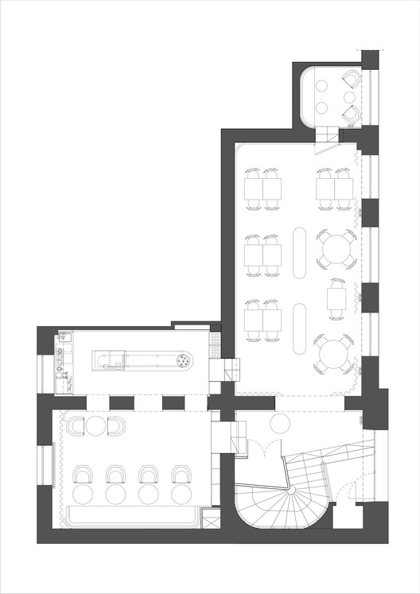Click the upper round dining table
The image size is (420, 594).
click(334, 248)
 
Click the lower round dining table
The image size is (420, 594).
click(332, 353)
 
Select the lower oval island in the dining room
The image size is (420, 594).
click(301, 328)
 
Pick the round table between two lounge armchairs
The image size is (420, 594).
click(96, 427)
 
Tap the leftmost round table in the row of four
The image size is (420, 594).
click(84, 494)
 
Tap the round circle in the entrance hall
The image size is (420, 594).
click(280, 422)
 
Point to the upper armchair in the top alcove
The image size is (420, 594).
click(351, 80)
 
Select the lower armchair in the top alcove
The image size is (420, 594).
click(351, 114)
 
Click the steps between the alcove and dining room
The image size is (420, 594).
click(325, 144)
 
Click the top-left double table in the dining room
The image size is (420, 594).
click(262, 188)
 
